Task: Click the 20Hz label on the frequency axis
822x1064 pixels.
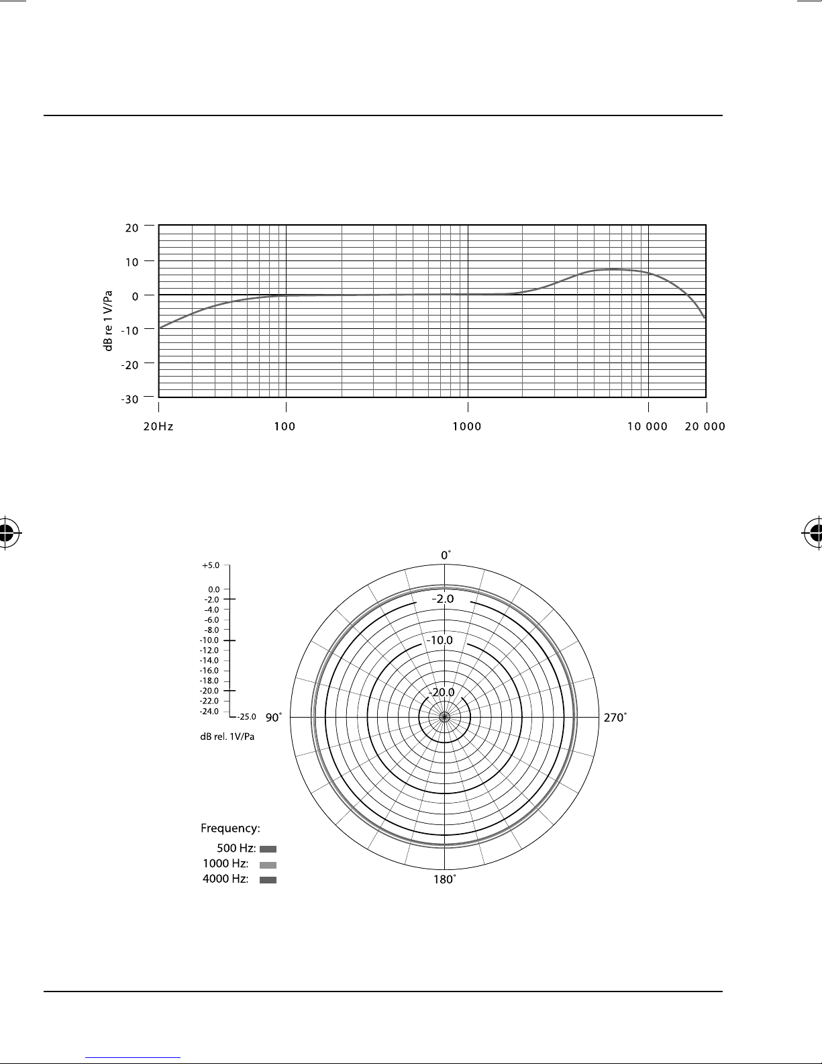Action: pos(158,426)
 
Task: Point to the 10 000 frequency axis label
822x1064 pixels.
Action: pos(648,426)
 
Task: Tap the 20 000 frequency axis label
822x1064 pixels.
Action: pos(705,426)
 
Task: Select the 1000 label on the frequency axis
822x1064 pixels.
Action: pos(467,426)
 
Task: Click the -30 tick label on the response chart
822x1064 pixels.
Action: pos(130,399)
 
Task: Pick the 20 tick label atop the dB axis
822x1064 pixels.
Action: pos(132,228)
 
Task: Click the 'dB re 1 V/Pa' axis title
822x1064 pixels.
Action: pos(108,321)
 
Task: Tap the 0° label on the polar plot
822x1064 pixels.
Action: pos(446,555)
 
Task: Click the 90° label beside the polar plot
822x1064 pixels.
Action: pos(274,718)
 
